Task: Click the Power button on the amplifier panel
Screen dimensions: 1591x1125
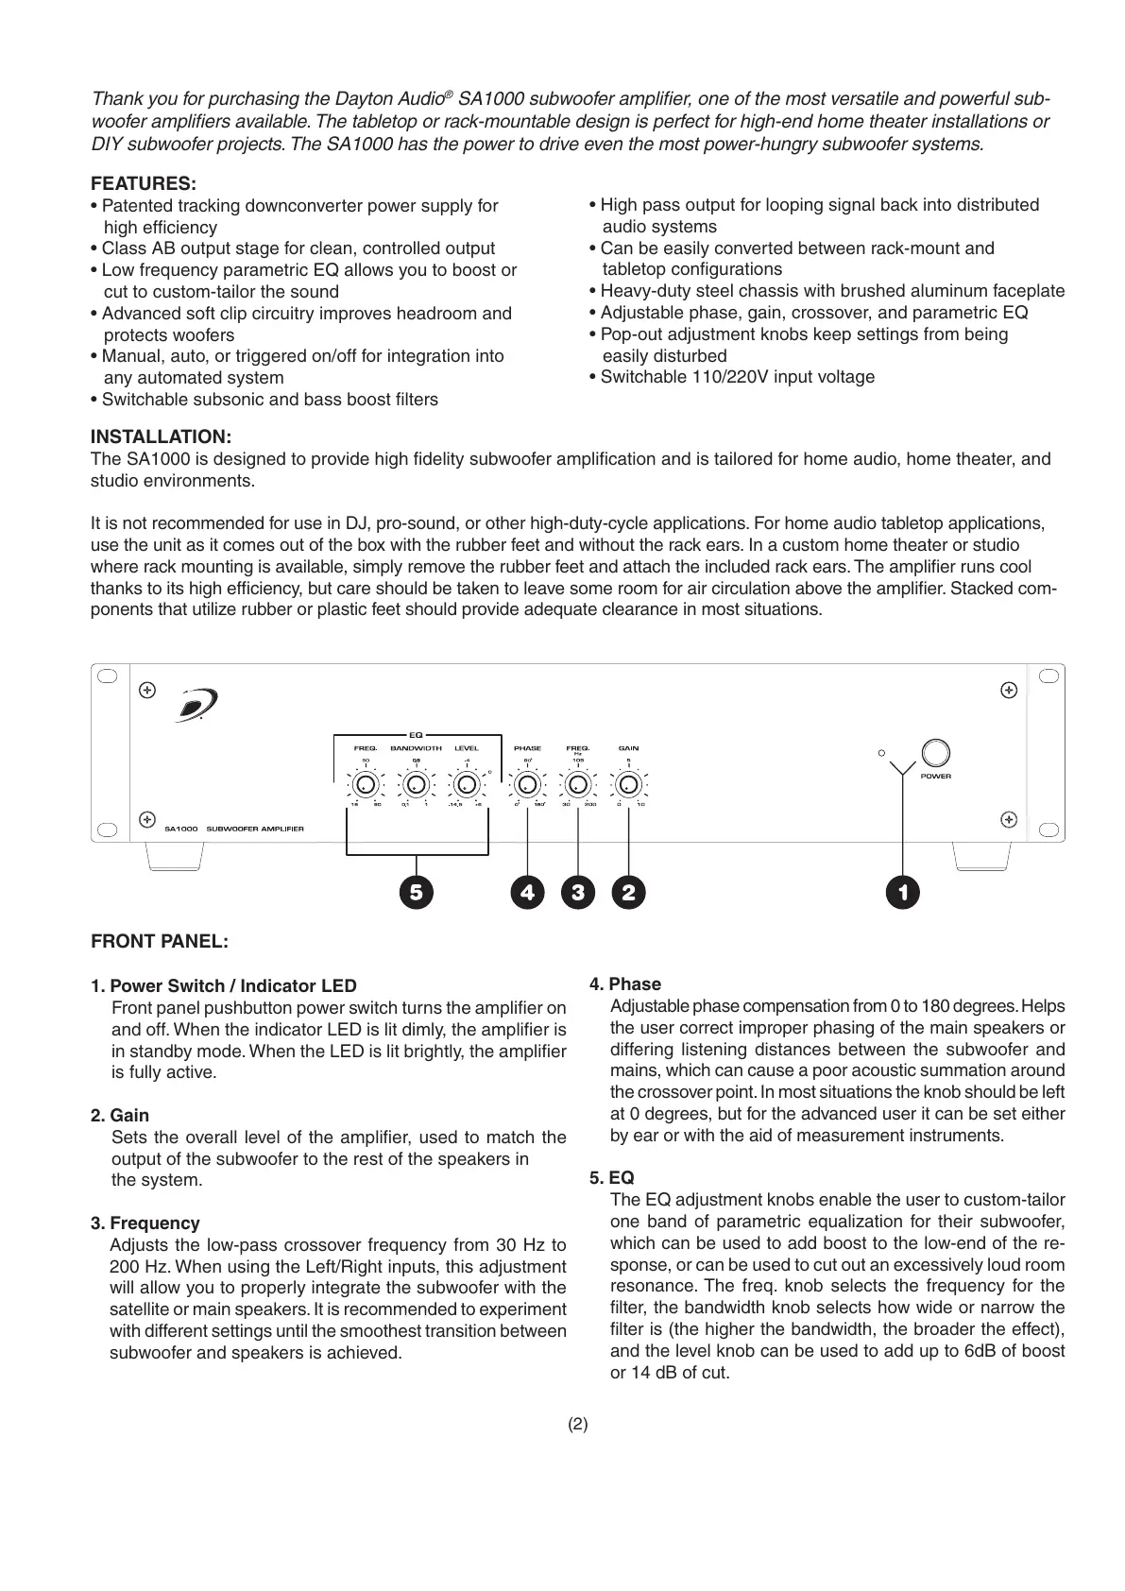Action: point(935,752)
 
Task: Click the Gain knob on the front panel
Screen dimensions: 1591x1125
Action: point(628,785)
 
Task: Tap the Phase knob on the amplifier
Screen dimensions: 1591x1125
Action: point(527,785)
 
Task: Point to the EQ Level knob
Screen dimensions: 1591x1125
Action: point(466,785)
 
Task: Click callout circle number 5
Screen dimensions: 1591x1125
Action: point(416,892)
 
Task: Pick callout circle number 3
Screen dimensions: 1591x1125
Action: point(577,892)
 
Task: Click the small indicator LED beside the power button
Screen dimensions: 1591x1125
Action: point(880,753)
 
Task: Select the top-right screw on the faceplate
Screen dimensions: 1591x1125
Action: point(1008,691)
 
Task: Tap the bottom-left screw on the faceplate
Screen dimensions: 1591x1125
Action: point(146,818)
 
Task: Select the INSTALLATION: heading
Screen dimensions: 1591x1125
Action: point(161,436)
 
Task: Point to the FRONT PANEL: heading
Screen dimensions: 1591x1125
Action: point(160,942)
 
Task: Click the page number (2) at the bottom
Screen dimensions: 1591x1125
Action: point(577,1425)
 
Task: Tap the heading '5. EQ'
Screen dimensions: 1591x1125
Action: point(612,1178)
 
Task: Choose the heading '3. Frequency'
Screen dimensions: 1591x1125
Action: point(145,1223)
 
